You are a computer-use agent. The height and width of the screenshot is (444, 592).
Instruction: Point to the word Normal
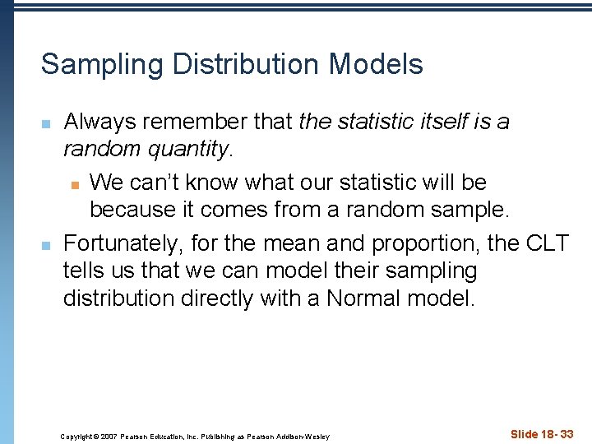pyautogui.click(x=368, y=298)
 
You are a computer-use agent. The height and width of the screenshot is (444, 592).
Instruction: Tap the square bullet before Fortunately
pyautogui.click(x=46, y=243)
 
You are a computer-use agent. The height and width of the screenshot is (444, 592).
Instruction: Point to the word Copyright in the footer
pyautogui.click(x=77, y=436)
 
